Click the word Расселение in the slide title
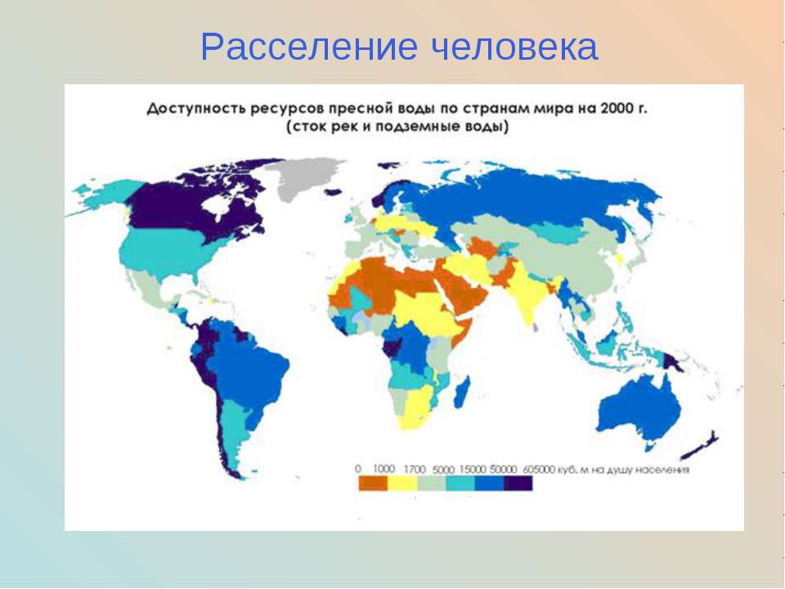point(309,47)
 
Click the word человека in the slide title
point(514,47)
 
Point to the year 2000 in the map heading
point(617,108)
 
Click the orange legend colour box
point(373,483)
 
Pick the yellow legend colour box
point(402,483)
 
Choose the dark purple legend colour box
point(518,483)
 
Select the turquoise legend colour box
point(460,483)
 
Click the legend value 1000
point(384,469)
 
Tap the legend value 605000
point(539,470)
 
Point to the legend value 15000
point(473,470)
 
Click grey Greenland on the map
point(303,177)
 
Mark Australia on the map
point(639,406)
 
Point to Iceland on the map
point(334,191)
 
